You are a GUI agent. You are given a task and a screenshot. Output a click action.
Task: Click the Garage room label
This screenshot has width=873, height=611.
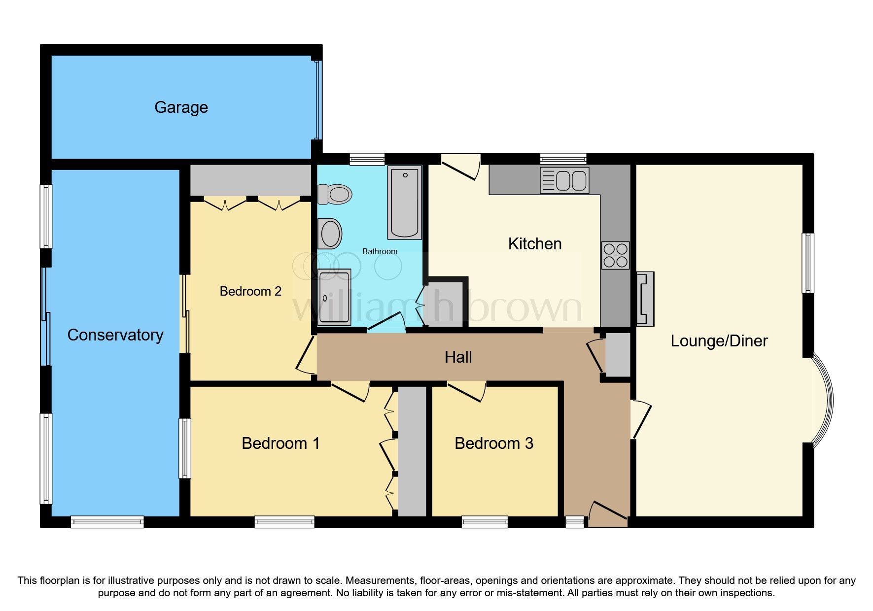pos(181,107)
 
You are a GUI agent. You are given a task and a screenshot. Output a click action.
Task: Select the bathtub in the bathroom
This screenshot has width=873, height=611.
pos(405,203)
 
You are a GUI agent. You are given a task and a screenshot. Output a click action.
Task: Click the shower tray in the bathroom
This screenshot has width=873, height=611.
pos(334,297)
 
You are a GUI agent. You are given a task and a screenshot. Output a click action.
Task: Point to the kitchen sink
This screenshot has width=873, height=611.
pos(564,180)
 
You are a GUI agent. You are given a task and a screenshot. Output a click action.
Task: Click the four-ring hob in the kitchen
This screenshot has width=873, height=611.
pos(615,255)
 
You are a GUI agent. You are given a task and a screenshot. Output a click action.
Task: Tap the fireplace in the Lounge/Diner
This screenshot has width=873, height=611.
pos(645,299)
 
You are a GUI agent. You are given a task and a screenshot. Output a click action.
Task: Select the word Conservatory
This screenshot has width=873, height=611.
pos(115,335)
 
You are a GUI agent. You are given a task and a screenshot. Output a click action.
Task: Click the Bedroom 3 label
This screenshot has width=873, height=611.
pos(494,443)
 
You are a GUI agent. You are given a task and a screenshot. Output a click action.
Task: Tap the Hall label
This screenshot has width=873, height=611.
pos(458,357)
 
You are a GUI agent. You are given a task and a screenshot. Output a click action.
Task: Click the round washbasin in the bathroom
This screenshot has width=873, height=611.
pos(330,234)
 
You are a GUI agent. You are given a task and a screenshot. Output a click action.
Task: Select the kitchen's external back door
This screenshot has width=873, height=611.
pos(461,168)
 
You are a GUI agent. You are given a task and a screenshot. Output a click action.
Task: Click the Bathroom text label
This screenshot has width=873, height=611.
pos(380,252)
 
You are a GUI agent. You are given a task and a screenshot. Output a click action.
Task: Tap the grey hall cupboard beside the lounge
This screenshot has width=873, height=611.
pos(618,355)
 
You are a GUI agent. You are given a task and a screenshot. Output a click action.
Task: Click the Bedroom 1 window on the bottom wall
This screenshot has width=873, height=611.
pos(284,522)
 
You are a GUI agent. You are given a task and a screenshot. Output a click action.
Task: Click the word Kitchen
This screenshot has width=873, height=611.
pos(535,244)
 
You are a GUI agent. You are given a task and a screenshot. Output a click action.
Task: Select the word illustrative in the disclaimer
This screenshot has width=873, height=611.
pos(132,580)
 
